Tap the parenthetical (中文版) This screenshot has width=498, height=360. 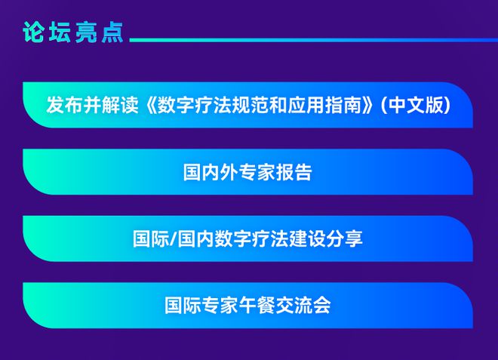pyautogui.click(x=414, y=104)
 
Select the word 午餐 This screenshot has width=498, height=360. pyautogui.click(x=257, y=306)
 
